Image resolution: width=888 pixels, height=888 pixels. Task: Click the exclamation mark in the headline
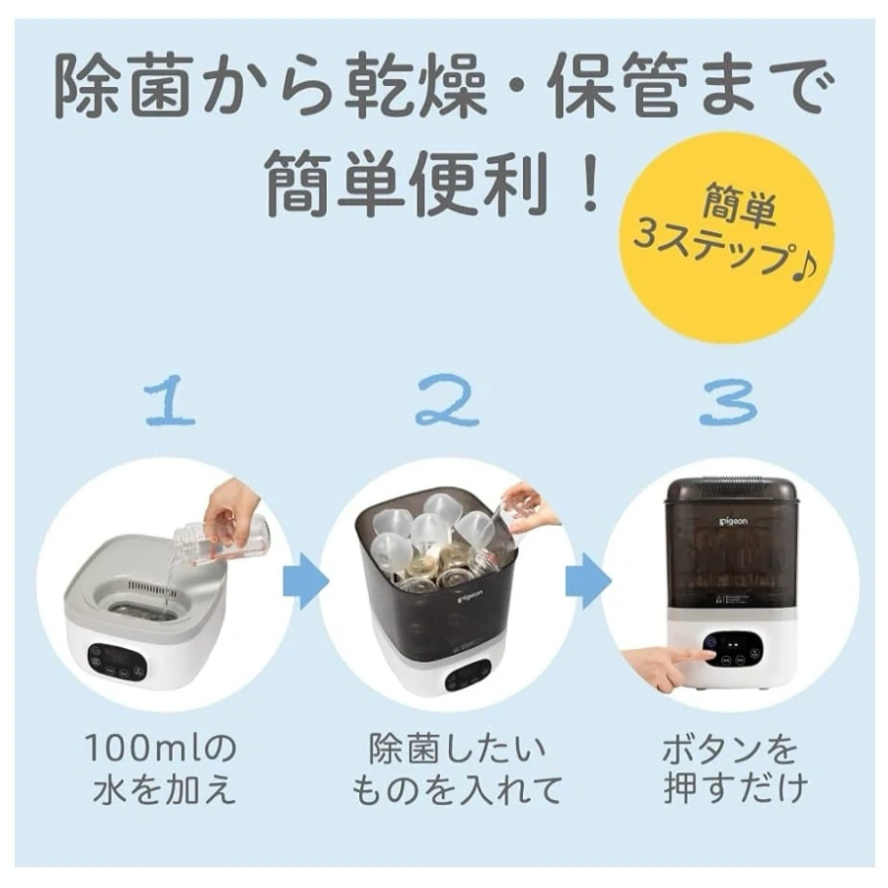[x=589, y=182]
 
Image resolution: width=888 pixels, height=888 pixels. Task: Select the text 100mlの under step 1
[x=160, y=748]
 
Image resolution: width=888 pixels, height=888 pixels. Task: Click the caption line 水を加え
[x=164, y=789]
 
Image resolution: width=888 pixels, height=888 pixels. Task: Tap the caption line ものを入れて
[x=457, y=789]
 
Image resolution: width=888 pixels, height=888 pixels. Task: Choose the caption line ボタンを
[x=730, y=748]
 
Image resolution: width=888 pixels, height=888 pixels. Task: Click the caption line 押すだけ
[x=735, y=789]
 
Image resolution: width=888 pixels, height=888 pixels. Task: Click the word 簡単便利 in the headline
[x=407, y=182]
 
